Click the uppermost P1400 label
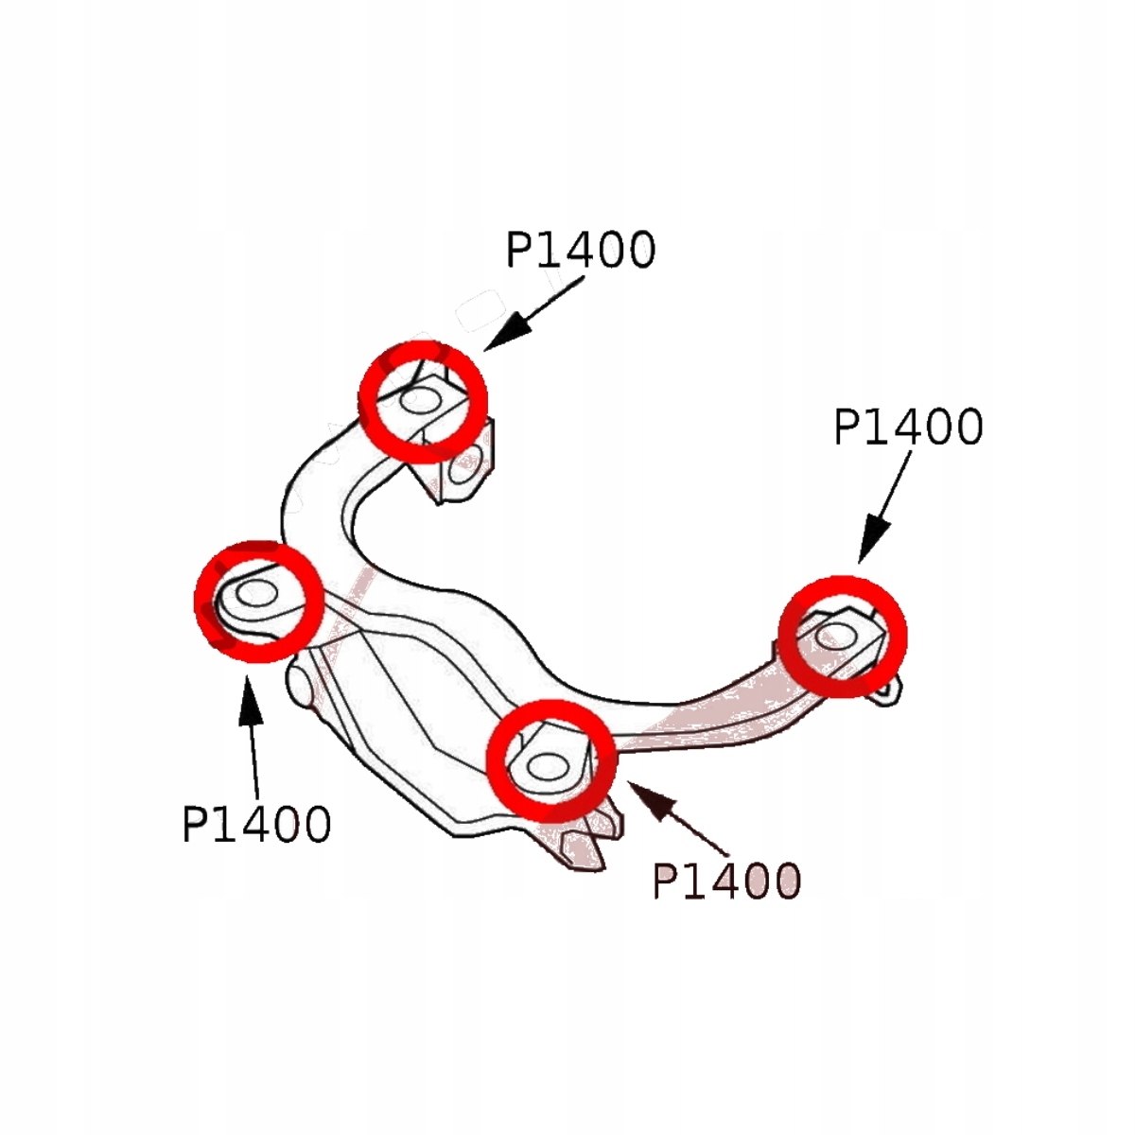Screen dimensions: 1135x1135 580,251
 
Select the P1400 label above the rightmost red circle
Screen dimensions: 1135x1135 908,428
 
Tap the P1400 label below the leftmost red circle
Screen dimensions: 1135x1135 256,825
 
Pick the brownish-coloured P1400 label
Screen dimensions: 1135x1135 726,882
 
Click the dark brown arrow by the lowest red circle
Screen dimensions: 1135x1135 675,813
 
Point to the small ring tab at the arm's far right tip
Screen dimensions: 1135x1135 886,690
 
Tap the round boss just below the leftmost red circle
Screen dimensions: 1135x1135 301,683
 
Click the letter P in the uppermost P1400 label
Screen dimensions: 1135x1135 521,251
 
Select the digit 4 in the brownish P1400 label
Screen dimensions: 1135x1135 725,882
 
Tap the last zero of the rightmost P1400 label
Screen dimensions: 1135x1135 966,428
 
